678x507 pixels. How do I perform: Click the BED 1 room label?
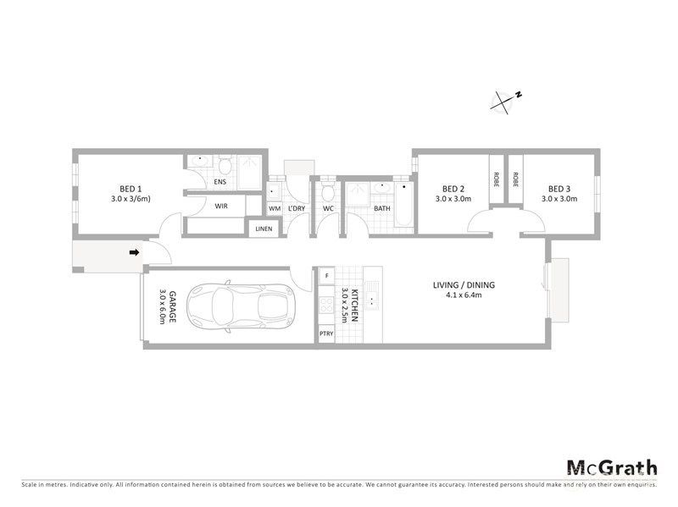tap(130, 189)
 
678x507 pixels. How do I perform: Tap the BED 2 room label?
tap(453, 189)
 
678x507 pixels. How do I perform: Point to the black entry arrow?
tap(134, 251)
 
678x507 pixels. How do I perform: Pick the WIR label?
tap(220, 206)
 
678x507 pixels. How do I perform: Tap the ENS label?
tap(220, 181)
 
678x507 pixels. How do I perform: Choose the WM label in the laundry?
tap(275, 208)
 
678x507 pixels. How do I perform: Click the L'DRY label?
tap(296, 208)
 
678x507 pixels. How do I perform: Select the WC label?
tap(328, 208)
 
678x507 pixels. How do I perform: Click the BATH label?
tap(382, 208)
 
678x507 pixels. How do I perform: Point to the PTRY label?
tap(326, 334)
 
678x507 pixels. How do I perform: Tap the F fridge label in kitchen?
tap(326, 276)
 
